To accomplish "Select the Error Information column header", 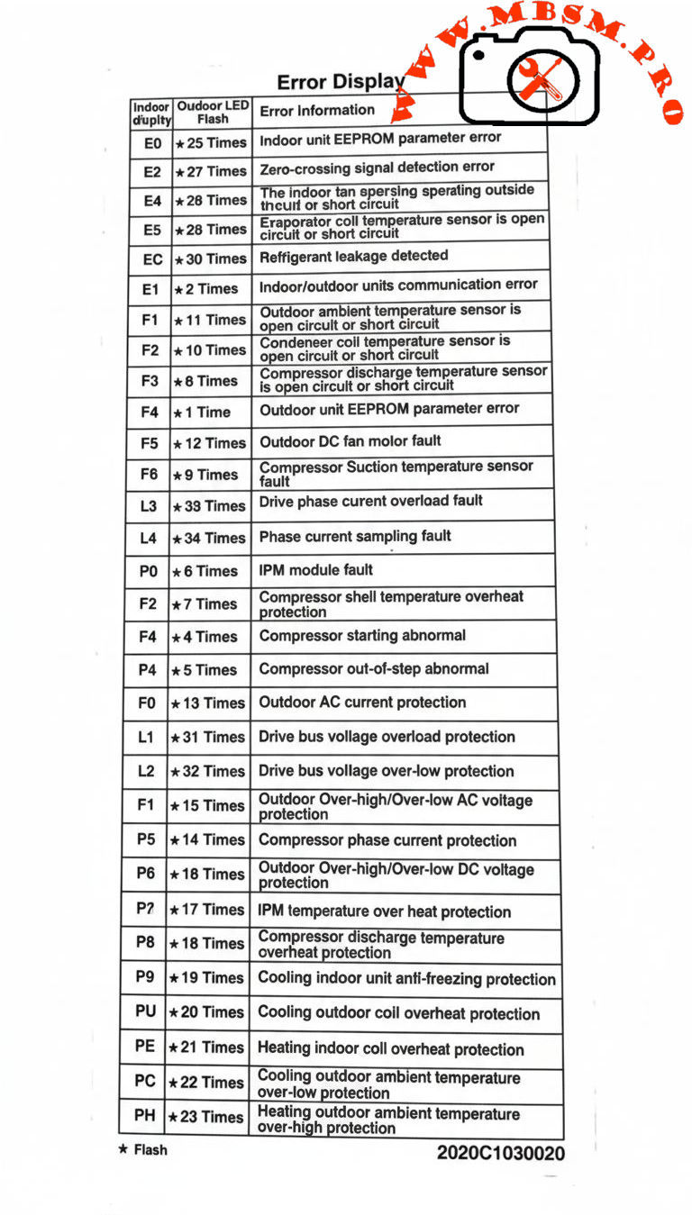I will [317, 111].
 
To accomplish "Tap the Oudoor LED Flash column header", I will [213, 112].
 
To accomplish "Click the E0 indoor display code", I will [152, 143].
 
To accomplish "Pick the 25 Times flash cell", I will [212, 142].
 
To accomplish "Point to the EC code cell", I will [152, 259].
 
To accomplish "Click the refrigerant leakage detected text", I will [353, 257].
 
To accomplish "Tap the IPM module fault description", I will [315, 569].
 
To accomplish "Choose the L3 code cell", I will [148, 506].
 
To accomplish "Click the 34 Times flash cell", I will [209, 539].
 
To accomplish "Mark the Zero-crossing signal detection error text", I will [377, 168].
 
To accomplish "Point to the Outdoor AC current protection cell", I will [362, 703].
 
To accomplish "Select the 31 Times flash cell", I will [207, 737].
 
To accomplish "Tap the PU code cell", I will [145, 1011].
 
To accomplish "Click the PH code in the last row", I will [144, 1116].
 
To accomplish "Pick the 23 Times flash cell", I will [206, 1117].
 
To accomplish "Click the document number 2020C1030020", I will [501, 1153].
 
